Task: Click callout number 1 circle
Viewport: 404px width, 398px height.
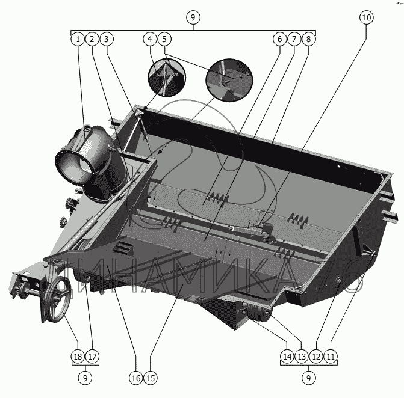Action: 77,40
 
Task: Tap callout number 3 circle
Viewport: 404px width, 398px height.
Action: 106,40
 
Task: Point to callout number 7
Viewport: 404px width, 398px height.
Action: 293,40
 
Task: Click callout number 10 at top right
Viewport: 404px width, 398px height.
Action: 367,17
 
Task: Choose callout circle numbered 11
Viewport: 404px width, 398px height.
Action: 331,357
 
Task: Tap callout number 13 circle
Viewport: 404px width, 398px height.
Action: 302,357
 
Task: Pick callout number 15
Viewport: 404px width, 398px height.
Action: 150,378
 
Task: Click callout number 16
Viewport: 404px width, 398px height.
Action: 135,378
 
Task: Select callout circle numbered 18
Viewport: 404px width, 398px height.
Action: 77,357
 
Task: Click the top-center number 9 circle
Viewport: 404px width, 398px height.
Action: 193,17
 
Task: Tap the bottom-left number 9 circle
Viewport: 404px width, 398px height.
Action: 85,378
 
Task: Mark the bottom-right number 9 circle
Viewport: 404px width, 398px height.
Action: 308,378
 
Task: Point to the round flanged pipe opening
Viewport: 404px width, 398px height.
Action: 75,162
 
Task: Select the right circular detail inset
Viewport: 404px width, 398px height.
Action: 229,78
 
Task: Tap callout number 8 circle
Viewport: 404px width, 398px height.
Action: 308,40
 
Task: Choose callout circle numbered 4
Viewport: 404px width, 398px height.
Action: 149,40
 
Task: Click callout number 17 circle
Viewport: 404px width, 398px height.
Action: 92,357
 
